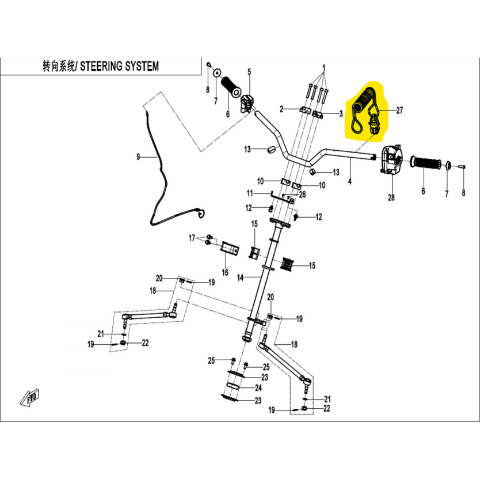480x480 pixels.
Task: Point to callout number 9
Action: pyautogui.click(x=138, y=157)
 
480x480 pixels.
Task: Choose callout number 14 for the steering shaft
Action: pyautogui.click(x=241, y=277)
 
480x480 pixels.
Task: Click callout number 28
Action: pyautogui.click(x=391, y=198)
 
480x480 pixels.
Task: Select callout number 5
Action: pyautogui.click(x=250, y=72)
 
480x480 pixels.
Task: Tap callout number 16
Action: pyautogui.click(x=225, y=272)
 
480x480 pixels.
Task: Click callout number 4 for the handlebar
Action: pyautogui.click(x=350, y=181)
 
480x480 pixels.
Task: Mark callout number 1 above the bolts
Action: pyautogui.click(x=324, y=67)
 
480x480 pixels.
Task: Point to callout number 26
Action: pyautogui.click(x=302, y=195)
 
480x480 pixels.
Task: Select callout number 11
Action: pyautogui.click(x=250, y=192)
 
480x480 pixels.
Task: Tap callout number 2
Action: pyautogui.click(x=281, y=109)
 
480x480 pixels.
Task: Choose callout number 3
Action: pyautogui.click(x=341, y=113)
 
